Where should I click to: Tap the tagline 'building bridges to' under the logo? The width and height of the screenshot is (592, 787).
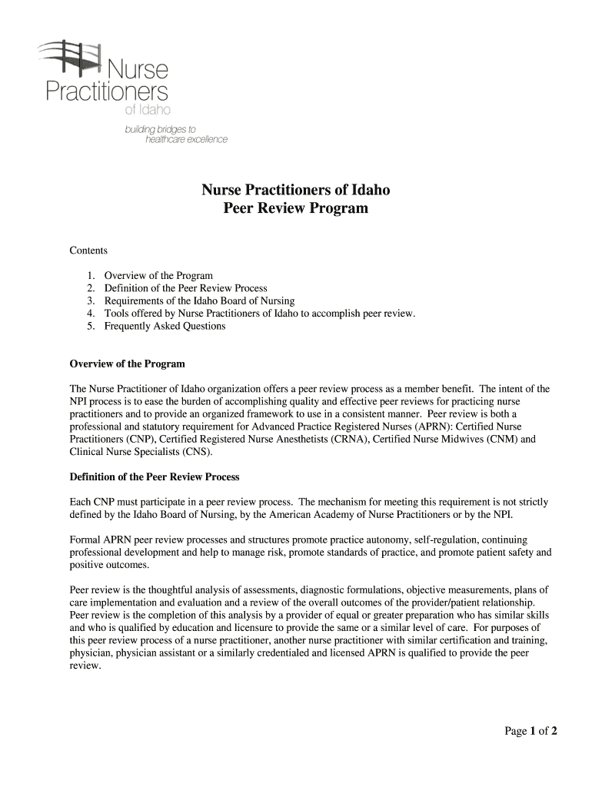coord(161,130)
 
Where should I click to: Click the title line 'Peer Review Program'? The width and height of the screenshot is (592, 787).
coord(295,208)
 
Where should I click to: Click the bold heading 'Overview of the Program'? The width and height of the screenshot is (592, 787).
coord(127,364)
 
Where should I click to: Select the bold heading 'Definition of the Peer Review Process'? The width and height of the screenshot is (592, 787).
coord(155,477)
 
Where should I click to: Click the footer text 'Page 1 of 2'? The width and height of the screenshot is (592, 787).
coord(530,731)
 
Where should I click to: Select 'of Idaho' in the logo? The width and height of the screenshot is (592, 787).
coord(142,115)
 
